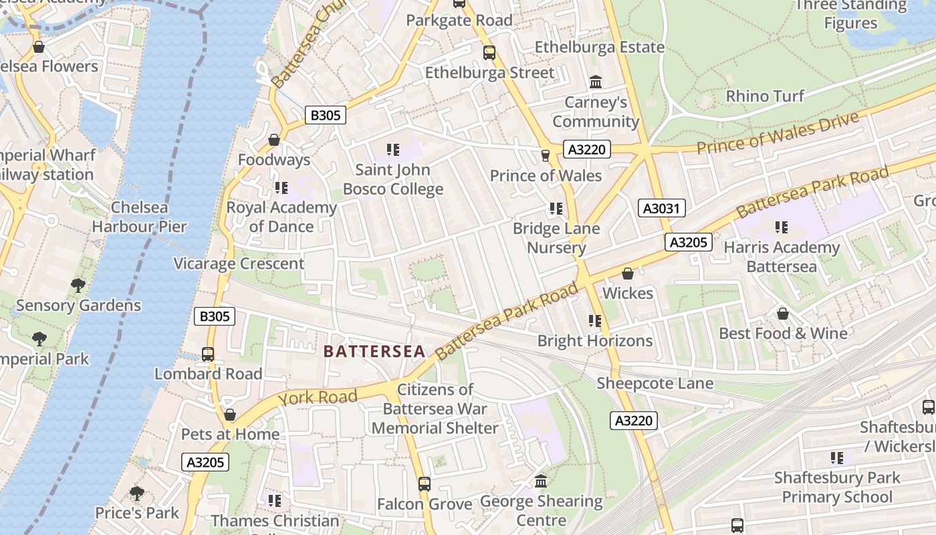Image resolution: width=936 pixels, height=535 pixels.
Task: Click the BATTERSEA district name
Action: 374,351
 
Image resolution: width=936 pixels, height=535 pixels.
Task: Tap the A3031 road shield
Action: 661,209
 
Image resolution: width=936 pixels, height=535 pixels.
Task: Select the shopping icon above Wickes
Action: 627,274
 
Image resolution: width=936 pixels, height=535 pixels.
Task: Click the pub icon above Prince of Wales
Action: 546,156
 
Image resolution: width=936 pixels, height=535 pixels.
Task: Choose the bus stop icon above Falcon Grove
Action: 424,484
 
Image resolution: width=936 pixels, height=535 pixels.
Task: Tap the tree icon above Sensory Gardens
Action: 78,286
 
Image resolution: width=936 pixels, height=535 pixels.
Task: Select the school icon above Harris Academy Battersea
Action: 781,227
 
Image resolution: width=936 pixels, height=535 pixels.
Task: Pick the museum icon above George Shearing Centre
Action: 542,481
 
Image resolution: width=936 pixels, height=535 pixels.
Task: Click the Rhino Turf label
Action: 765,96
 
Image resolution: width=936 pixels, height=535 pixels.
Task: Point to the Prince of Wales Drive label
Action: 778,133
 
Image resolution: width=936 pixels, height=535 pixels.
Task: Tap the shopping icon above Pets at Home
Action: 230,415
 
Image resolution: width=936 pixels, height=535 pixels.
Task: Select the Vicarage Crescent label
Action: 239,263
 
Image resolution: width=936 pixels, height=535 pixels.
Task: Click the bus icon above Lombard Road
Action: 208,354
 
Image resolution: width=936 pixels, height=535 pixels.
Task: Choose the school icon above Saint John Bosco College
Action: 392,150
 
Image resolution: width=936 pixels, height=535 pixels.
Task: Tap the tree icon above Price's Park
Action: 137,494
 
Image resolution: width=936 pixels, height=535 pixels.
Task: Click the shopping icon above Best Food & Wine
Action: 782,314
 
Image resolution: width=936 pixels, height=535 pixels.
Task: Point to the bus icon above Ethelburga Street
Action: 489,53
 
